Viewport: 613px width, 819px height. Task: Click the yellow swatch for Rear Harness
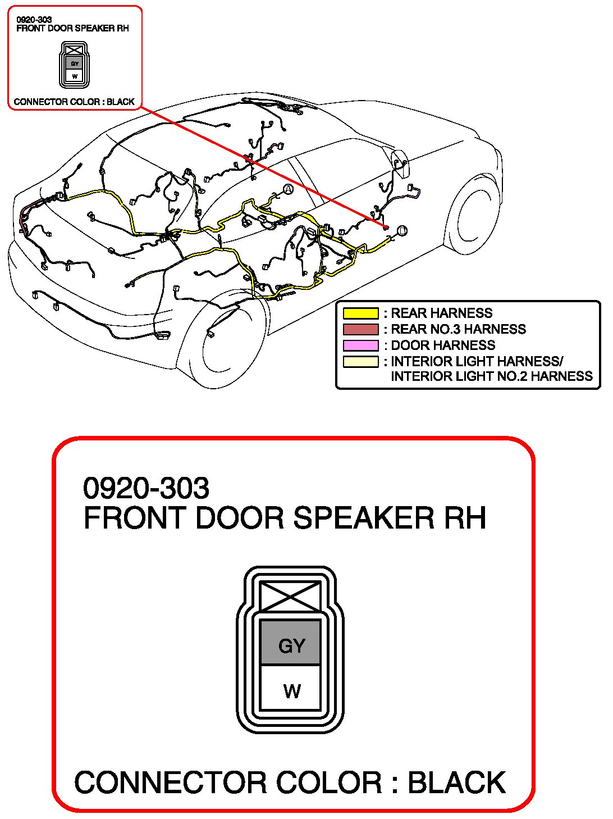tap(360, 313)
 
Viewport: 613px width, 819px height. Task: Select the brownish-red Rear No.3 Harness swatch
tap(360, 329)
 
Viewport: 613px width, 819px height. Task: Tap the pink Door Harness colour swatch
tap(360, 345)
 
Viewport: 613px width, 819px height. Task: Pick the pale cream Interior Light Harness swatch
tap(360, 361)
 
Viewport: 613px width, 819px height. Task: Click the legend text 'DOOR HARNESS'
tap(443, 345)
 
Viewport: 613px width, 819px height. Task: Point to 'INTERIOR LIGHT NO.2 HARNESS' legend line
tap(492, 376)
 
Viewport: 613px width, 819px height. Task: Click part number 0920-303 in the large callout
tap(146, 488)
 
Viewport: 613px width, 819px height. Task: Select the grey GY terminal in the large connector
tap(291, 644)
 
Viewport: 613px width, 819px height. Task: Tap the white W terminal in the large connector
tap(291, 690)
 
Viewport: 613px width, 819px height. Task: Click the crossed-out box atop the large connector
tap(290, 596)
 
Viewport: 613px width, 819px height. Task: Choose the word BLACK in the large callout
tap(456, 782)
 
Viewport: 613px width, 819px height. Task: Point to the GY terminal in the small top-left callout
tap(75, 63)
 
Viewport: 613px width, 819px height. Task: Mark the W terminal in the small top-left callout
tap(75, 76)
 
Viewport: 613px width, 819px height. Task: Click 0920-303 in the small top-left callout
tap(34, 20)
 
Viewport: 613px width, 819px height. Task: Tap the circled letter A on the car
tap(288, 189)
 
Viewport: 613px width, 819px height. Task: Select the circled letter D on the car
tap(401, 230)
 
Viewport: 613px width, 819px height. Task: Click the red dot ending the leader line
tap(386, 226)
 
